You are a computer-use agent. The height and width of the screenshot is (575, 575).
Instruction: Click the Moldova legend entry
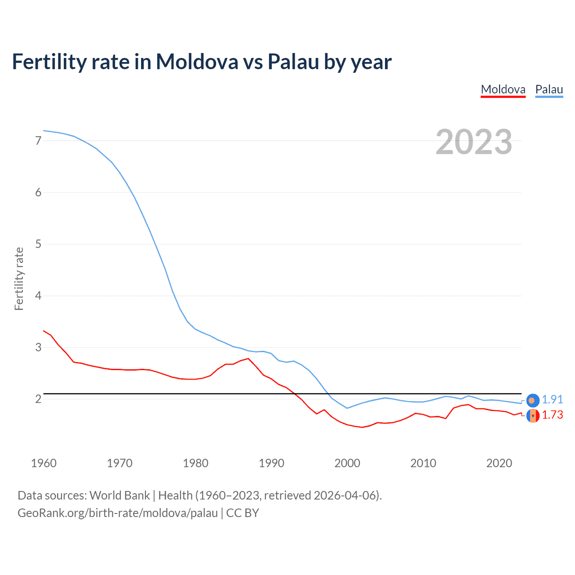(503, 89)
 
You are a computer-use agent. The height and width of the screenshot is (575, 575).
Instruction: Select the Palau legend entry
(549, 89)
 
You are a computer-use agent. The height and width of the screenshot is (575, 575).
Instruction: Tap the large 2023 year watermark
(473, 142)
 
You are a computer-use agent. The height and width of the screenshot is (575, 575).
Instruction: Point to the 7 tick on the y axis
(38, 141)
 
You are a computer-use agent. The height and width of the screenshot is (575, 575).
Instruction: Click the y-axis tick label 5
(38, 244)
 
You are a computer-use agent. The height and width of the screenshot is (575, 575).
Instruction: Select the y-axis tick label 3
(38, 347)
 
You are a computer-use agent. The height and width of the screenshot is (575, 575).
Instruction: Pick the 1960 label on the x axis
(44, 463)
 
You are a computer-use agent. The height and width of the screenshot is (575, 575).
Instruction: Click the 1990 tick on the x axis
(271, 463)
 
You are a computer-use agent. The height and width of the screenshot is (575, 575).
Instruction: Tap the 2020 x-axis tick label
(499, 463)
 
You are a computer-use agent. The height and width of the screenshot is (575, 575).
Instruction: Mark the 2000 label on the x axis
(347, 463)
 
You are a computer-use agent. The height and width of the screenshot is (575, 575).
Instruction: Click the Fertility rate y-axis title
(19, 279)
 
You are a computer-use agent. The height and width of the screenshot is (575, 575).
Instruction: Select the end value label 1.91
(552, 399)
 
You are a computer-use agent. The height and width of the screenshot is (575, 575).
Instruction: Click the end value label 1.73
(552, 415)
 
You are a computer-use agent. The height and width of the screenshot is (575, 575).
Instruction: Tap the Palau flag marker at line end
(533, 400)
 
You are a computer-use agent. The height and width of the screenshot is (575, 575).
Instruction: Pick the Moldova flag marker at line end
(533, 416)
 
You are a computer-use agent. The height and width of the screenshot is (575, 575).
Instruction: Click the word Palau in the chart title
(293, 62)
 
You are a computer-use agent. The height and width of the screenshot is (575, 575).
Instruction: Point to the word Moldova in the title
(197, 62)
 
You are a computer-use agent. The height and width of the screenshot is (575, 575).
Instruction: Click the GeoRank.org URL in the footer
(118, 513)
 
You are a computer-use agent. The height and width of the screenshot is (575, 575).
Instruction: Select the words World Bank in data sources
(119, 495)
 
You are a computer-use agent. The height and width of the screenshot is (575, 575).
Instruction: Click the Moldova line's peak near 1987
(248, 358)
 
